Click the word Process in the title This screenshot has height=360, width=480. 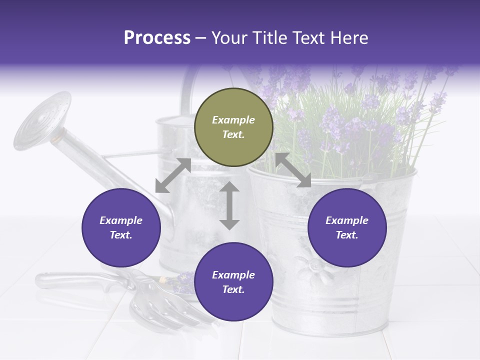[157, 38]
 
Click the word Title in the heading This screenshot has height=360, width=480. [267, 38]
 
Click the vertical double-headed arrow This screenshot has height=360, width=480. [229, 205]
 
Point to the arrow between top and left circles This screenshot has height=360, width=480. [173, 175]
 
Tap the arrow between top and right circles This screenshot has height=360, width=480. [293, 170]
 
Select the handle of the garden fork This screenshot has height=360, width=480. [75, 280]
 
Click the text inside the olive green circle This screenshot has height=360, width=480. [233, 127]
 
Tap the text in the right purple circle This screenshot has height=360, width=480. [347, 227]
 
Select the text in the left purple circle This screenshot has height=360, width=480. [121, 227]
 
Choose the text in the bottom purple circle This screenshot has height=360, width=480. [233, 282]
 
